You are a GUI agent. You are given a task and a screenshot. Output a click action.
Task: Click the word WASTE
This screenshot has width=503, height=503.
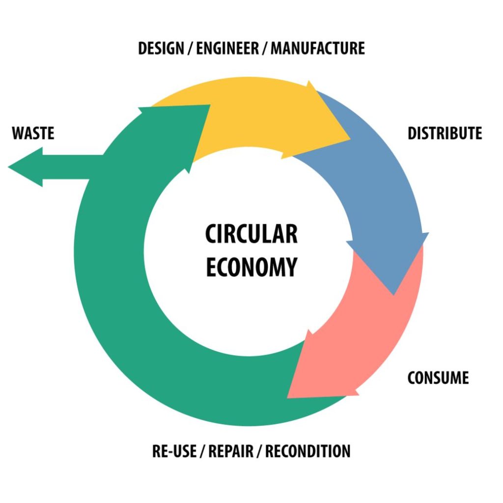coord(33,133)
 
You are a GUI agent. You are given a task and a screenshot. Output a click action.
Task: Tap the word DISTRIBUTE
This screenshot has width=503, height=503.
coord(445,133)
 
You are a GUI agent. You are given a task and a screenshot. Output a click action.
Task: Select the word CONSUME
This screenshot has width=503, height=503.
coord(438,378)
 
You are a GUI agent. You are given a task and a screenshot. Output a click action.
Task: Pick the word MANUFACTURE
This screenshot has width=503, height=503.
coord(318,49)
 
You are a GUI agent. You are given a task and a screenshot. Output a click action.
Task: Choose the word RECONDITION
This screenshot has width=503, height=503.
coord(308,451)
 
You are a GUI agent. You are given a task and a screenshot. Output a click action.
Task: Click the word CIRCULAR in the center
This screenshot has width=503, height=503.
coord(251,234)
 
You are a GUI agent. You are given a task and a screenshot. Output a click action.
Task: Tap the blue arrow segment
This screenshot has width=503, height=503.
coord(383,192)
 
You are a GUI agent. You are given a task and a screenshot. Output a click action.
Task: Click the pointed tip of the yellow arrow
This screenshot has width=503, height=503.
coord(349,139)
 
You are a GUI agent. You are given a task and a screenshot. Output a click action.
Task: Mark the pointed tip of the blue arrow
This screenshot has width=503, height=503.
coord(393,294)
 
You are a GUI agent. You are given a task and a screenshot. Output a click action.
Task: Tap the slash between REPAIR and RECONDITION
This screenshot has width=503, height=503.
coord(261,451)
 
